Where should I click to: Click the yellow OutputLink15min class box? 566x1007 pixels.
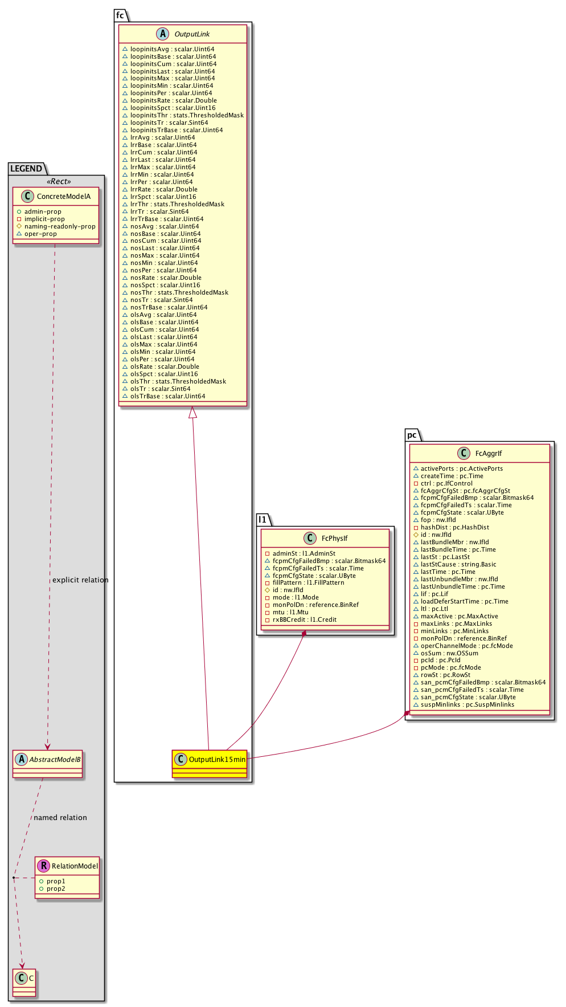coord(210,763)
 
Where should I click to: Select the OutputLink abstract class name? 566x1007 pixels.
coord(192,34)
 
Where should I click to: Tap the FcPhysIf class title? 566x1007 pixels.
coord(334,538)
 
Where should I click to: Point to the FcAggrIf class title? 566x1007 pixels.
coord(489,454)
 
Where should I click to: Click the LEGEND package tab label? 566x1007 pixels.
coord(26,169)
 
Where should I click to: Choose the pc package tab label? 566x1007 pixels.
coord(412,435)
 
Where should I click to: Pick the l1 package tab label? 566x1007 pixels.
coord(263,520)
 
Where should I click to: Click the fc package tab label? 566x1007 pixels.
coord(120,15)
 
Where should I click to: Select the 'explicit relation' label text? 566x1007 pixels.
coord(80,580)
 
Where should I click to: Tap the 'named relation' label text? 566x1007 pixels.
coord(60,818)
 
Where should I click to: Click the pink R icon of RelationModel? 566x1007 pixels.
coord(43,866)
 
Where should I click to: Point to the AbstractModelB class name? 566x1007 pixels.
coord(55,759)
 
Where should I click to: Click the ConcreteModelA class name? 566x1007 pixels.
coord(63,197)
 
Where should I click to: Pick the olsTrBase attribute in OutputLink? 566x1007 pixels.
coord(167,397)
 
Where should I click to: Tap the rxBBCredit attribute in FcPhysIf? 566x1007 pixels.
coord(304,620)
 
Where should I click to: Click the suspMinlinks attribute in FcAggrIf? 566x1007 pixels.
coord(467,705)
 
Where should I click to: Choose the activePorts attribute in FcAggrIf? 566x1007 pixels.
coord(461,469)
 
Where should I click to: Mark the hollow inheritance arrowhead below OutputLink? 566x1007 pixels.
coord(193,412)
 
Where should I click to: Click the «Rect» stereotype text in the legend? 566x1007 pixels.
coord(59,182)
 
